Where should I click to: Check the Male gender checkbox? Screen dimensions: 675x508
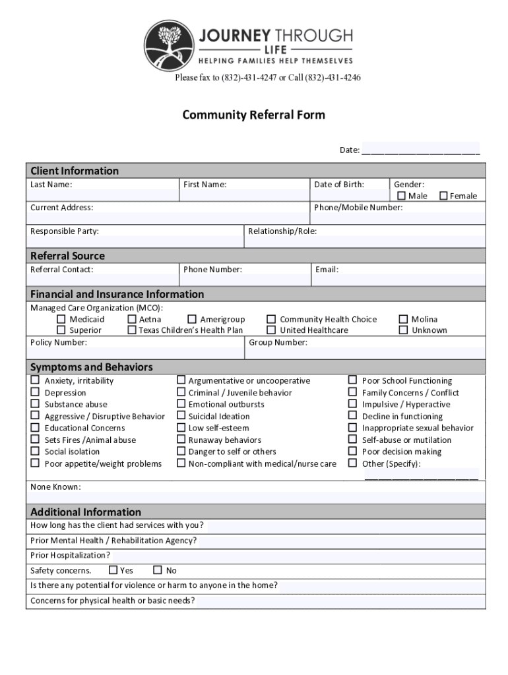tap(401, 196)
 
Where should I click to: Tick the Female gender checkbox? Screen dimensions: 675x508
tap(443, 196)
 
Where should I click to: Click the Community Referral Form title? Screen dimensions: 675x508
tap(253, 115)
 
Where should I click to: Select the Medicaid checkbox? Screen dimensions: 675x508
tap(61, 320)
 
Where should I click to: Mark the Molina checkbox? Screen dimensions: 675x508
tap(403, 320)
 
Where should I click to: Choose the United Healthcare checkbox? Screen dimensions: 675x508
tap(271, 330)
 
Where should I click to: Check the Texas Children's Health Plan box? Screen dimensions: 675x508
tap(132, 330)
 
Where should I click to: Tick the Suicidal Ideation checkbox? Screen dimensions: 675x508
tap(181, 416)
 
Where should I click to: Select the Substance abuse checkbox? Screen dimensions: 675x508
tap(35, 404)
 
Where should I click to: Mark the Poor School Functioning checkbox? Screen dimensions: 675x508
tap(353, 380)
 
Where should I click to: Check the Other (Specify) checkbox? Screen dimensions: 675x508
tap(353, 463)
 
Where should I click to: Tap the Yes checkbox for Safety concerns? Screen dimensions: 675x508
tap(113, 570)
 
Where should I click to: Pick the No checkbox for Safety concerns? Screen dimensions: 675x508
tap(158, 570)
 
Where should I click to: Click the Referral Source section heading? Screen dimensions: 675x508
tap(67, 256)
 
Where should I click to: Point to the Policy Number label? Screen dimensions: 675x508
tap(58, 343)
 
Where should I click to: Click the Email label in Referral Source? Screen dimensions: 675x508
tap(327, 270)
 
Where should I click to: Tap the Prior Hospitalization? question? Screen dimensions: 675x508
tap(70, 555)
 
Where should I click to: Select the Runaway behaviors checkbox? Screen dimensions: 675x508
tap(181, 440)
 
